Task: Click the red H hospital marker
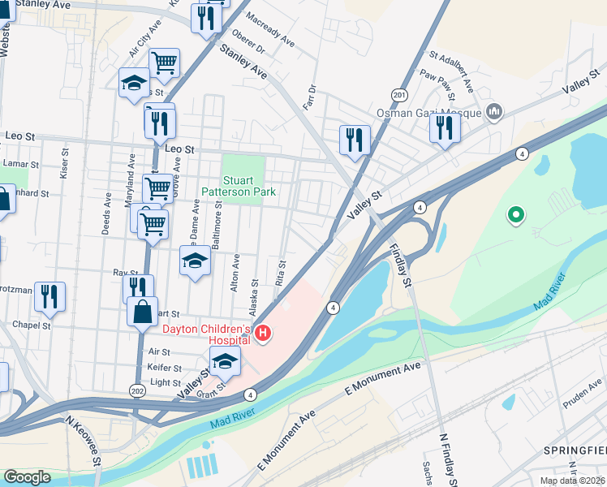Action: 263,333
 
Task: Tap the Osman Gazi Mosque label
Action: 428,113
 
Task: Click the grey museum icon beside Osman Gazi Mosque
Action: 493,112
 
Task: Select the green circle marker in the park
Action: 514,216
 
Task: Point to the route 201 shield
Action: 398,95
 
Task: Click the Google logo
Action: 28,477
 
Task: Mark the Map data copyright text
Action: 573,481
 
